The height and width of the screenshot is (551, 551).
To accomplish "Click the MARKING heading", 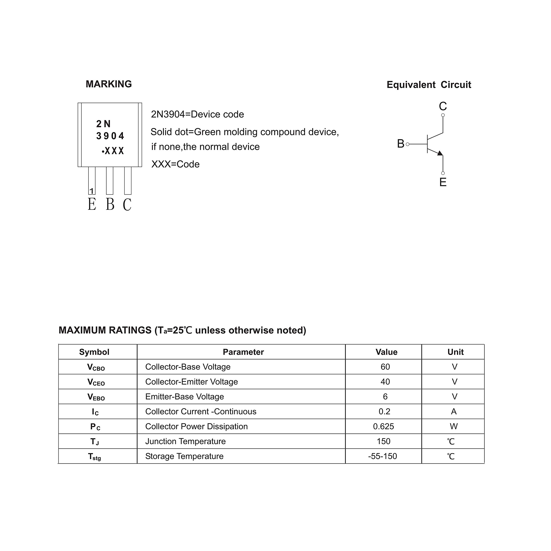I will click(109, 84).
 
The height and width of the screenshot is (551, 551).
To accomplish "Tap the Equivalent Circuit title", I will click(429, 85).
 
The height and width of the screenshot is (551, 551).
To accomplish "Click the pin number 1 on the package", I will click(91, 191).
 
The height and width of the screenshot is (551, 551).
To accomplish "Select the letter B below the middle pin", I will click(110, 204).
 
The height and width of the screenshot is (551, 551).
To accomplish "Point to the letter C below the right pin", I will click(127, 204).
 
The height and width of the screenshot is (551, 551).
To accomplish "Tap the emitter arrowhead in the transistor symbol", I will click(440, 153).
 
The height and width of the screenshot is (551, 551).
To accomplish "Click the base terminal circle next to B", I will click(407, 144).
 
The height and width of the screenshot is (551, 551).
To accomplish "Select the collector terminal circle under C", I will click(443, 115).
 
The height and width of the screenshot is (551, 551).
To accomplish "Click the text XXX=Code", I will click(175, 164).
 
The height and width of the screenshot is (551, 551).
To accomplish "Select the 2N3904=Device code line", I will click(197, 114).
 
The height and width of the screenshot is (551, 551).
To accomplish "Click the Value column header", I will click(386, 352).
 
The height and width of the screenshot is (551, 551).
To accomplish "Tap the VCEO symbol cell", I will click(96, 382).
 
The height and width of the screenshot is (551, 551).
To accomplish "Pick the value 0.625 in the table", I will click(384, 426).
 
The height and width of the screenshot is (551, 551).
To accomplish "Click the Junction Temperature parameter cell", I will click(185, 441).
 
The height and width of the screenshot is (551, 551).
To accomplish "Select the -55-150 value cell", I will click(382, 456).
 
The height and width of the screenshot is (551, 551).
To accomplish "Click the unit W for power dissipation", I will click(454, 426).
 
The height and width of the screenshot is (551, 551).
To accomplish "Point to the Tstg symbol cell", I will click(94, 456).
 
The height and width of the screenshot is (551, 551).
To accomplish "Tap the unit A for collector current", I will click(454, 412).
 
